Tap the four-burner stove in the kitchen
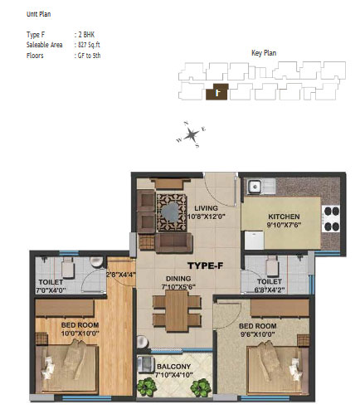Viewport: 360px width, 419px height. tap(331, 219)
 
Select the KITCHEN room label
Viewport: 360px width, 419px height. tap(284, 217)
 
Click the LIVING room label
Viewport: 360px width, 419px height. tap(206, 208)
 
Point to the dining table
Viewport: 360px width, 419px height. tap(177, 311)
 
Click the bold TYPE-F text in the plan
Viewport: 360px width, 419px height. tap(205, 266)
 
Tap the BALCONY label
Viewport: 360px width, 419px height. tap(173, 367)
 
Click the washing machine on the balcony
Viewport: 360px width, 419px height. tap(146, 364)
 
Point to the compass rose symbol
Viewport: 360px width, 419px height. tap(191, 134)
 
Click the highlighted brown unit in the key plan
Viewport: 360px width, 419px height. tap(217, 91)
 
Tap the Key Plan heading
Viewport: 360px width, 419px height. tap(264, 53)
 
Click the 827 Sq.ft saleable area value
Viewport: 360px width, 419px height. tap(90, 45)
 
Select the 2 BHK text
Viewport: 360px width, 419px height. tap(86, 35)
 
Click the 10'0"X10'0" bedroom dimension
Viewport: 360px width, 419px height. tap(80, 334)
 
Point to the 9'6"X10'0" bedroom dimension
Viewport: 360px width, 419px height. tap(257, 334)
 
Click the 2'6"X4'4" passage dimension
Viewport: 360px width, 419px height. tap(121, 275)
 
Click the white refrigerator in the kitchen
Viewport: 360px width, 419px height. tap(254, 241)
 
